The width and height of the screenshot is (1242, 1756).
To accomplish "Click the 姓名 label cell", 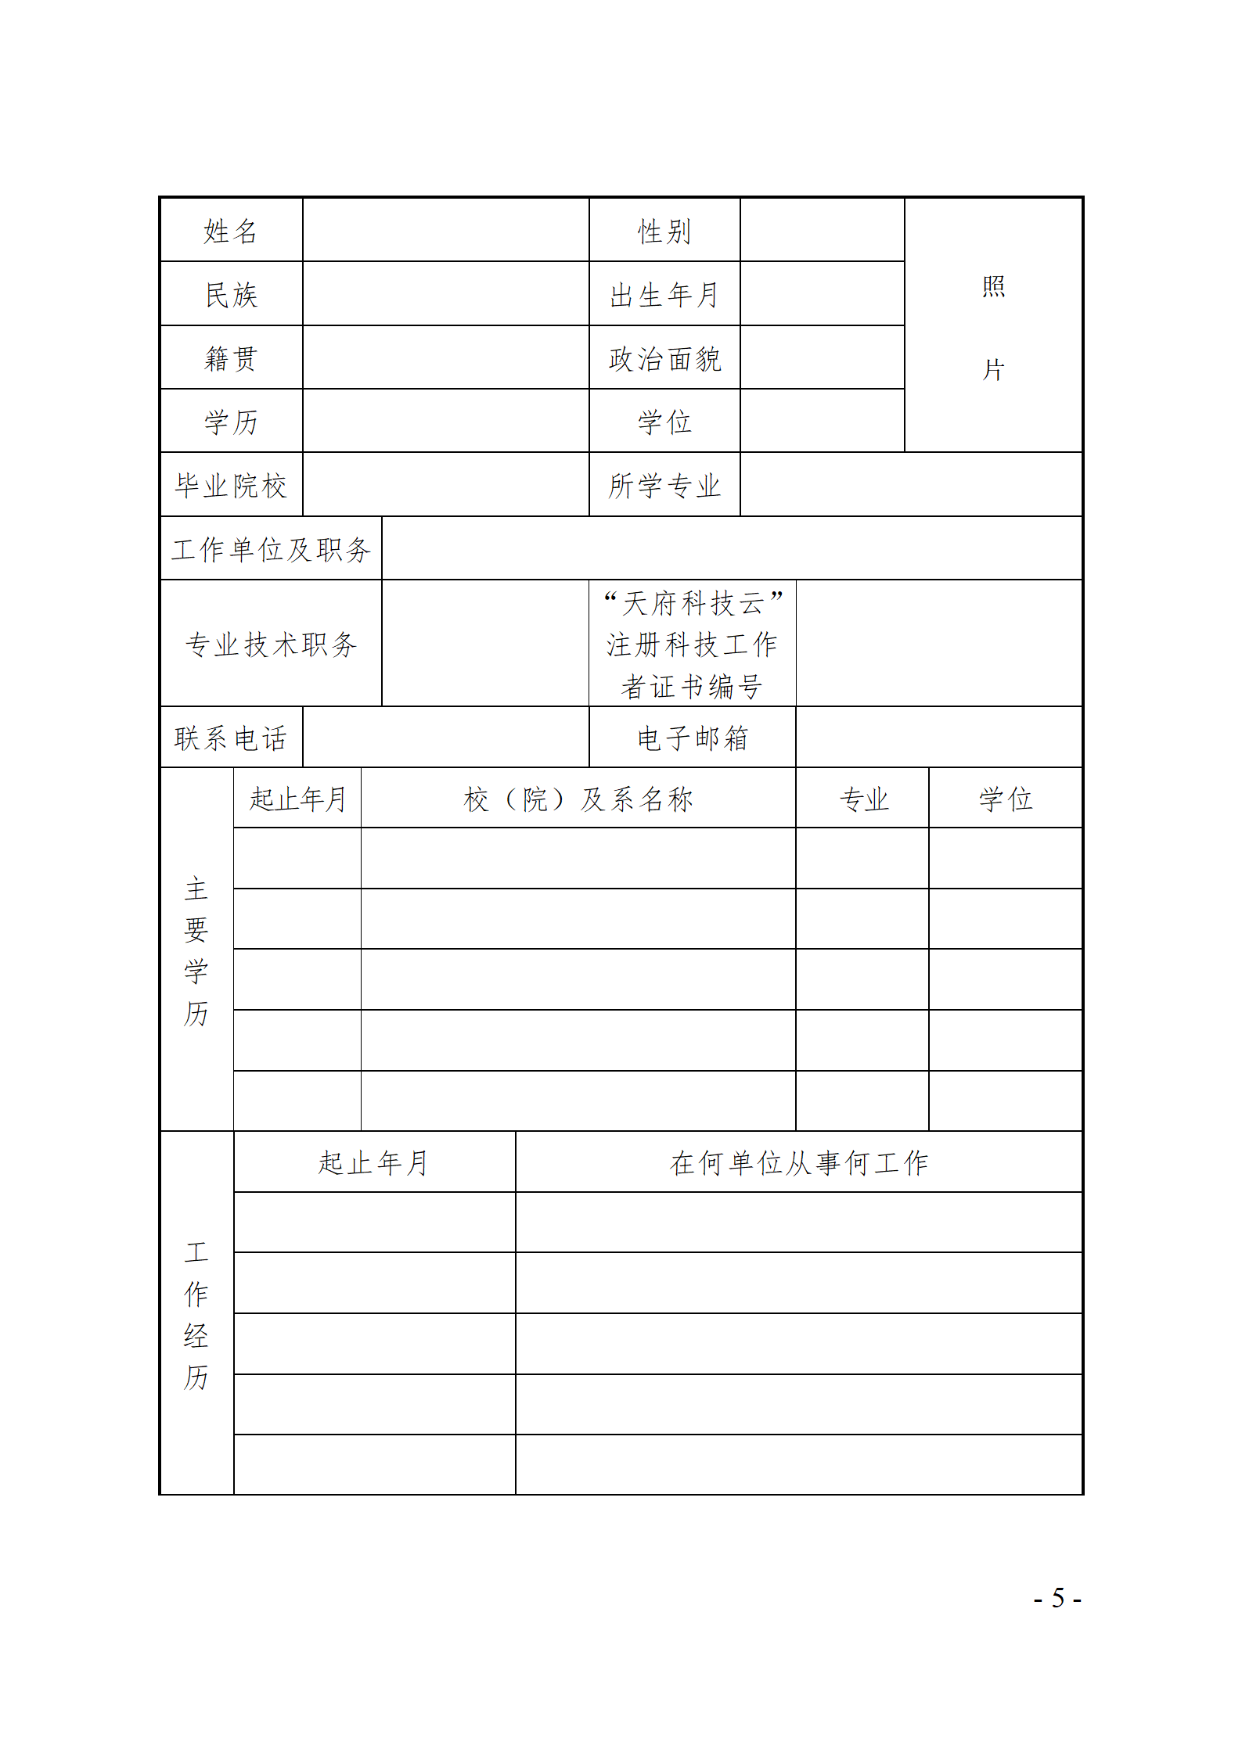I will (x=230, y=231).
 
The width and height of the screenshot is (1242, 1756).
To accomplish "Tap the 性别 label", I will (x=664, y=231).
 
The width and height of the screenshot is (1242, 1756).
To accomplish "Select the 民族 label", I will (x=230, y=295).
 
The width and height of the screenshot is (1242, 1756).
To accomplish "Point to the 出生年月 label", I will (x=664, y=295).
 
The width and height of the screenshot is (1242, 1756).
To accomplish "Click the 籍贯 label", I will (x=230, y=358).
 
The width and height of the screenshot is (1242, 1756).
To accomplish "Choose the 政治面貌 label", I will (x=664, y=358).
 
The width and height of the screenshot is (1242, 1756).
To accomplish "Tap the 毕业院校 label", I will (x=230, y=485).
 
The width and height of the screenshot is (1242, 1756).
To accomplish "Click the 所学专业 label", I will (x=664, y=485).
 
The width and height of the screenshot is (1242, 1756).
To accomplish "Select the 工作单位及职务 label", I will (x=270, y=549).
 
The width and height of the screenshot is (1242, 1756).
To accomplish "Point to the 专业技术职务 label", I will (x=270, y=644).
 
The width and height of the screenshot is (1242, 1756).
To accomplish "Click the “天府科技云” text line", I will (x=692, y=602).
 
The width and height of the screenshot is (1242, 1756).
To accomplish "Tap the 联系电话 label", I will (x=230, y=738).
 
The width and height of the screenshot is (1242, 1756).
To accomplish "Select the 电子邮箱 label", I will (x=692, y=738).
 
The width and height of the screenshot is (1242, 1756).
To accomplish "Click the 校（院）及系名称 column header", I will (x=578, y=799).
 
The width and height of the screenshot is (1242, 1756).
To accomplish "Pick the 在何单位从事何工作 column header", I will (x=798, y=1162).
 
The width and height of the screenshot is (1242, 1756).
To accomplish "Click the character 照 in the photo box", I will (x=993, y=286).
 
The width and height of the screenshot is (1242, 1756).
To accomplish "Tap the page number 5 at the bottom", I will (x=1057, y=1597).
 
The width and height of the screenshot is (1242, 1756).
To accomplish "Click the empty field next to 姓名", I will (x=445, y=230).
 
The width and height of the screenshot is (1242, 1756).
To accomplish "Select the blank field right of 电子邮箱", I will (x=938, y=737).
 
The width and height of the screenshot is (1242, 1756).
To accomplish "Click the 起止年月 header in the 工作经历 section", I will (x=373, y=1162).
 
